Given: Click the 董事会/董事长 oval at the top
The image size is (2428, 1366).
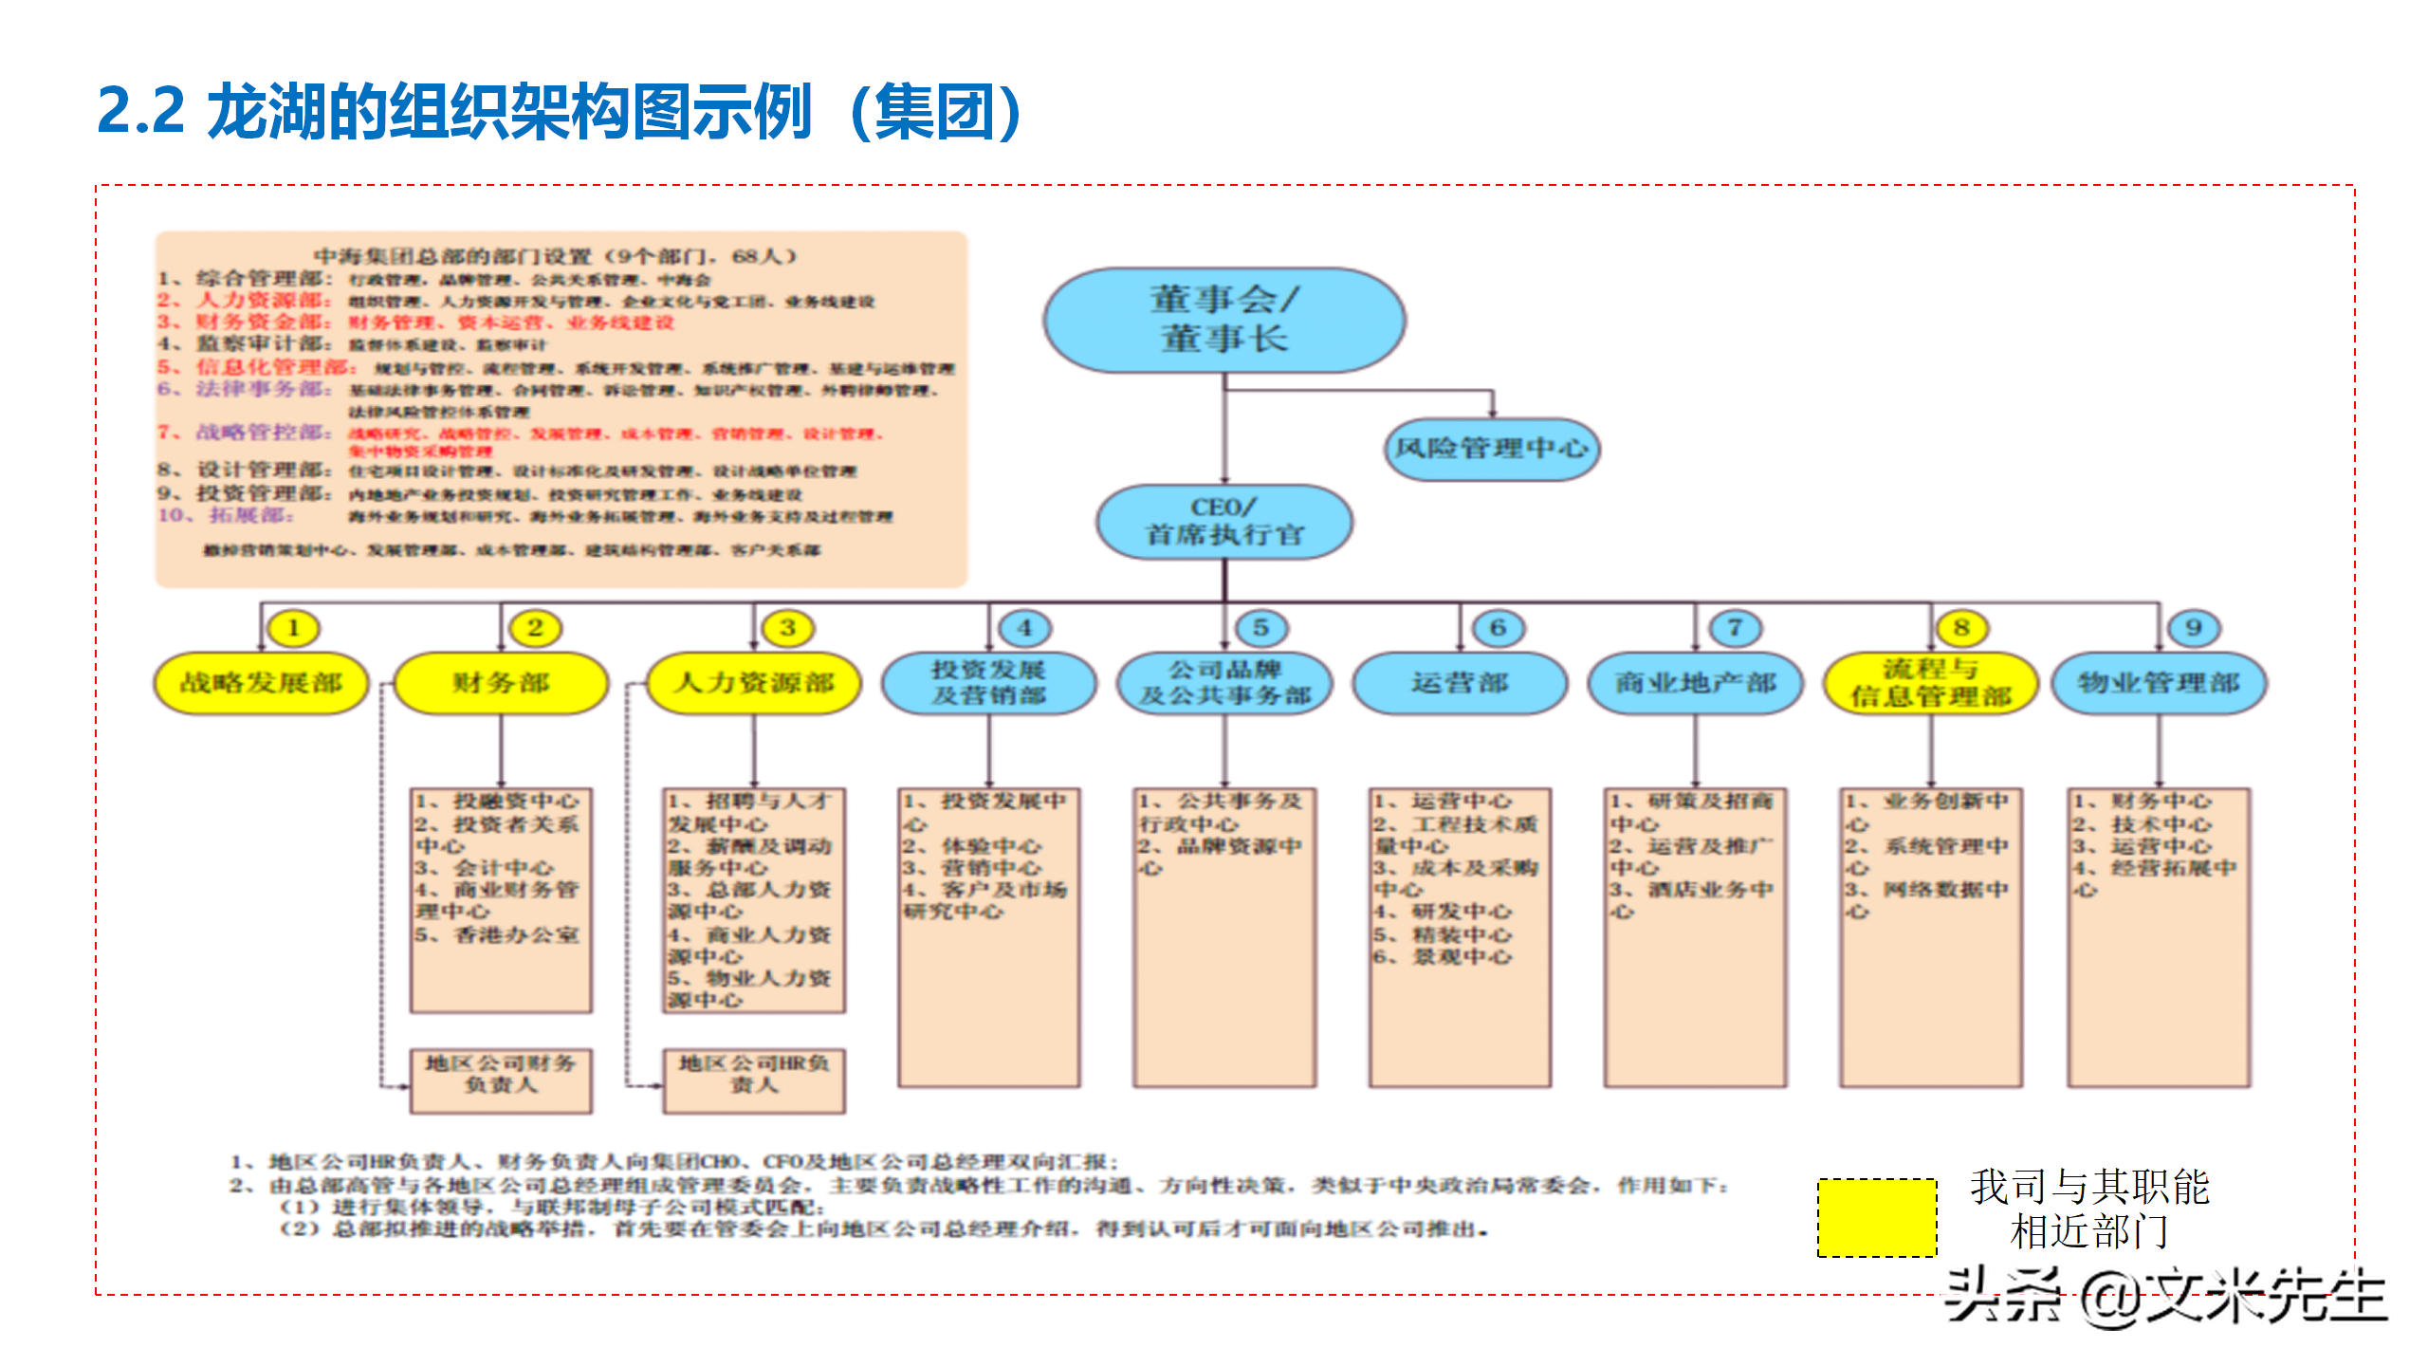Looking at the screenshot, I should (x=1223, y=320).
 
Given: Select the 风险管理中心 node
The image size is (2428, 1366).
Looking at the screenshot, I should (x=1491, y=449).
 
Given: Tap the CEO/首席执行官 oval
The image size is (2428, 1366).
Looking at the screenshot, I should (x=1223, y=522).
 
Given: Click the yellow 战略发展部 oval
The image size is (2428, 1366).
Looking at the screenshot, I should (x=261, y=683).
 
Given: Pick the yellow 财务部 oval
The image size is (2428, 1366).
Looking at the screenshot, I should (x=501, y=683).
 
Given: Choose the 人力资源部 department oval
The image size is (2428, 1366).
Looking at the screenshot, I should (x=754, y=683).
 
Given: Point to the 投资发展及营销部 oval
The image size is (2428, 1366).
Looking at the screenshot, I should (x=988, y=683).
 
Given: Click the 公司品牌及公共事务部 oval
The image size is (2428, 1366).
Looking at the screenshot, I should (x=1224, y=683).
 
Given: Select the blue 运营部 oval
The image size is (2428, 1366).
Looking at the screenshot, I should (x=1460, y=683).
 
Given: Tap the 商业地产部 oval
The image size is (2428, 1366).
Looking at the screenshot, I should (x=1695, y=683).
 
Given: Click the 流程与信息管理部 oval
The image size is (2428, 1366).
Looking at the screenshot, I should (x=1930, y=683).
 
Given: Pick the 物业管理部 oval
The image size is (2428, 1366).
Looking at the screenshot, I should (x=2159, y=683).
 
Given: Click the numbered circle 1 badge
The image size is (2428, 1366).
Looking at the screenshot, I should (x=293, y=628).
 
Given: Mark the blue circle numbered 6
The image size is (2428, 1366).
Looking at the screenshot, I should (x=1498, y=628).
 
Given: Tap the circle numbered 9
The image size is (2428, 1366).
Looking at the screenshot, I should (x=2193, y=628).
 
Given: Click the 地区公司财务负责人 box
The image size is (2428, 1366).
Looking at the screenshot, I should (x=501, y=1080).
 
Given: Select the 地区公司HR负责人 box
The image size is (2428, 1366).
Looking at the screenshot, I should (x=754, y=1080).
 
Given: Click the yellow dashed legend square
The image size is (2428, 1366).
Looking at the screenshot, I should (x=1877, y=1218).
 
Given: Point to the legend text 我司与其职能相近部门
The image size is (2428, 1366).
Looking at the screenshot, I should (x=2089, y=1209).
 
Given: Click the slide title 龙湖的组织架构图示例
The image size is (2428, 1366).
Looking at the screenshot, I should (x=560, y=112).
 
